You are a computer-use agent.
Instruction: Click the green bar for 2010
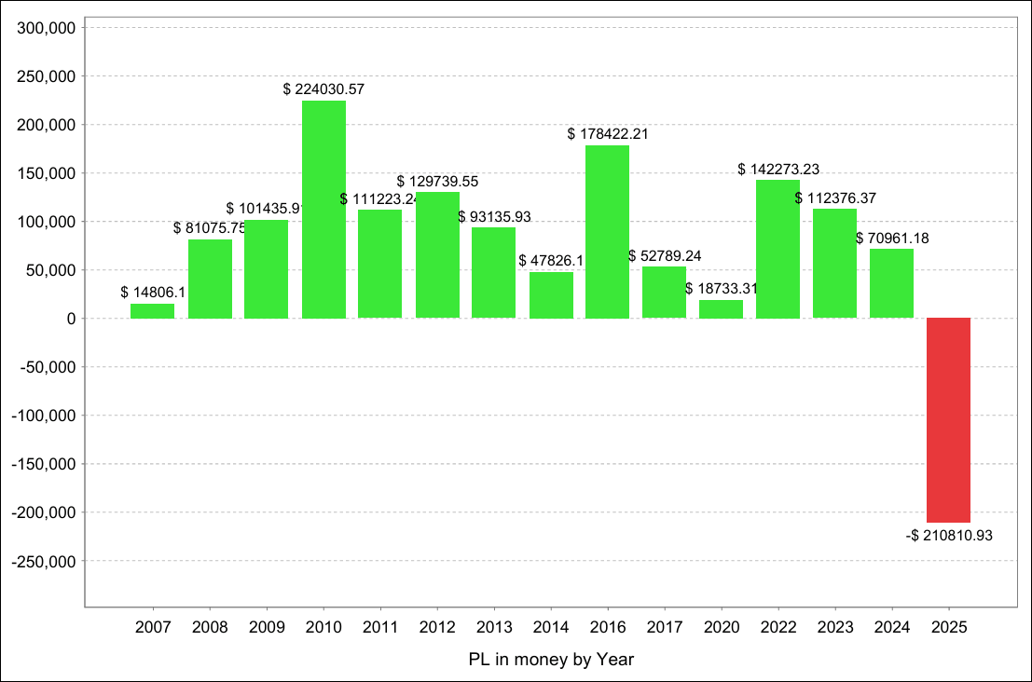coord(323,209)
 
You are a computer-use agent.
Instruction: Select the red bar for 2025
coord(948,420)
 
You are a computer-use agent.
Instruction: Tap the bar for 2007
coord(152,311)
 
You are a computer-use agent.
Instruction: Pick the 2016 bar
coord(607,231)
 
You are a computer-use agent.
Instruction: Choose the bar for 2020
coord(721,309)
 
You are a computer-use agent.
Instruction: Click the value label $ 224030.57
coord(323,89)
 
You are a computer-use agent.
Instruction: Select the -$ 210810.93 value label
coord(947,536)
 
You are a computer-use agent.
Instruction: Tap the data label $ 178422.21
coord(607,134)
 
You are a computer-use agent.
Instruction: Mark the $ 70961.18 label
coord(892,239)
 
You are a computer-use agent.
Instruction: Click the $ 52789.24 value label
coord(665,255)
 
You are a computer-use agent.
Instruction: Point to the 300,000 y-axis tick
coord(48,28)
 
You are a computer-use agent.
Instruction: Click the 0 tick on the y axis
coord(71,319)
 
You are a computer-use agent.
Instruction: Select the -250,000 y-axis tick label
coord(45,561)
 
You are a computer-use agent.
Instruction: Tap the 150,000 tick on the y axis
coord(48,173)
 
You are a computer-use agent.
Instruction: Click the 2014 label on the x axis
coord(551,627)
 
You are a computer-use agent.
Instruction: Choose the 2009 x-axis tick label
coord(267,627)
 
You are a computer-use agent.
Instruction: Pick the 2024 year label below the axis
coord(892,627)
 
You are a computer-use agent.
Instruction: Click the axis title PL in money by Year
coord(551,660)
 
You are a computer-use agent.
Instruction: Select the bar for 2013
coord(493,272)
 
